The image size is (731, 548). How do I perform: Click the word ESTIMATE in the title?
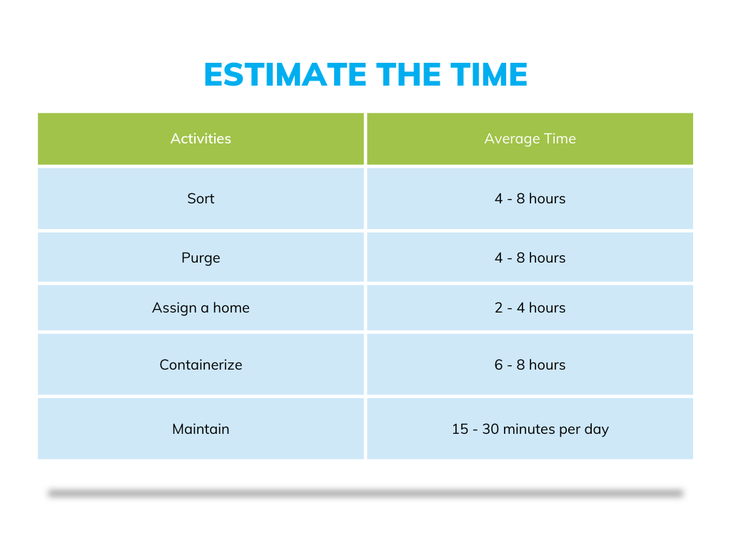286,74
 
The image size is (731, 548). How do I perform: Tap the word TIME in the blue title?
489,74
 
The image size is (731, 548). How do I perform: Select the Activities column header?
201,138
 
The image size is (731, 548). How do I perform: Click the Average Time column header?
530,138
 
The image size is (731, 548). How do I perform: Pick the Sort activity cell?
201,198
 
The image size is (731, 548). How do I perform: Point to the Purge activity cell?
201,258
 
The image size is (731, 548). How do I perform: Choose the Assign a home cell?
201,308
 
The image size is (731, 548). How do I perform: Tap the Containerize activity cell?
201,365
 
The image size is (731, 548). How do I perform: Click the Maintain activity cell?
201,429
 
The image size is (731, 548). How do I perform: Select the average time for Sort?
530,198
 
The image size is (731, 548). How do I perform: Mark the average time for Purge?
530,258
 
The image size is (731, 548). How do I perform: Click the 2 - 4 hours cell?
530,308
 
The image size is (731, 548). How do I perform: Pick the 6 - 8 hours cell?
530,365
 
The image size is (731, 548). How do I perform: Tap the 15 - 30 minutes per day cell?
530,429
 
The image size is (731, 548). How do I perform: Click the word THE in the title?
408,74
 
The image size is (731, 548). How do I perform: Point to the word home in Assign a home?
231,308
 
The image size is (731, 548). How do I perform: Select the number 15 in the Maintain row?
460,429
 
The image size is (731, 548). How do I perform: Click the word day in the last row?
596,430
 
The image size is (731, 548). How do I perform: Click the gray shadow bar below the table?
365,493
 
